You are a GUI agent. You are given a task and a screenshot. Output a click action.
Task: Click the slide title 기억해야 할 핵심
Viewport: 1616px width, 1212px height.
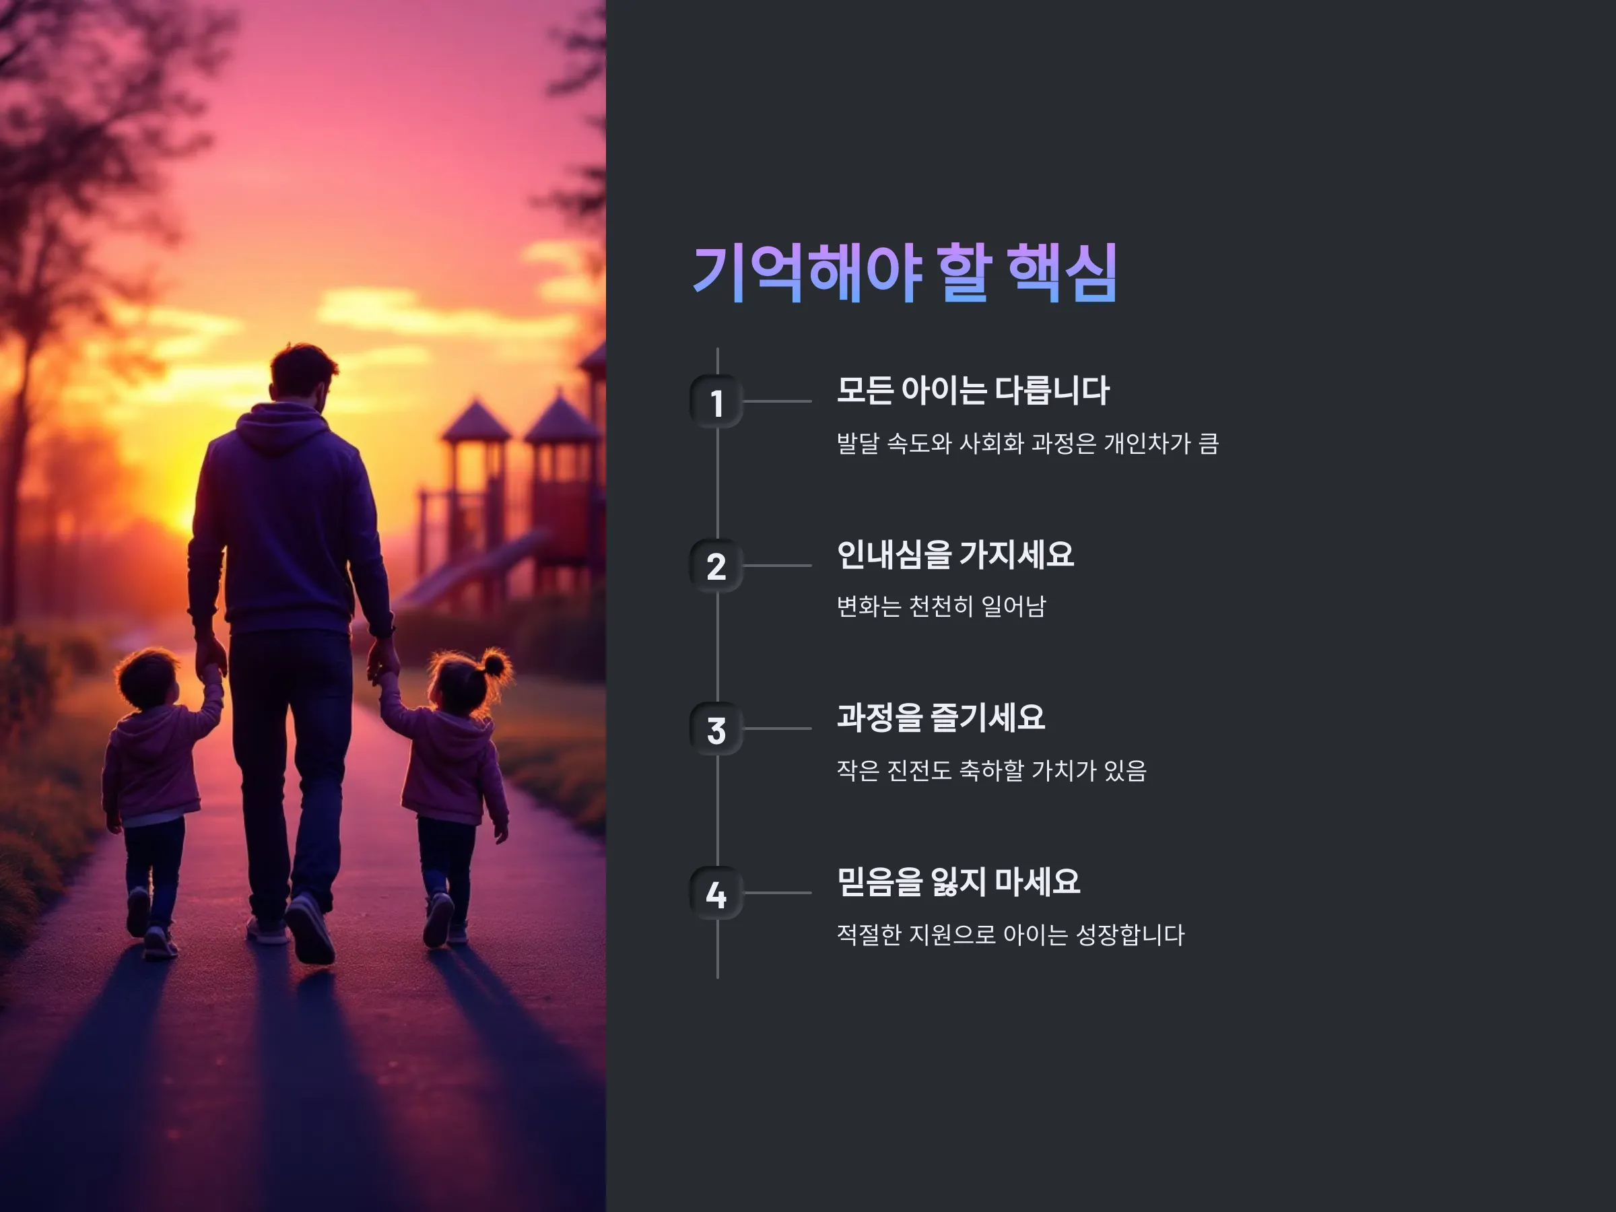(904, 273)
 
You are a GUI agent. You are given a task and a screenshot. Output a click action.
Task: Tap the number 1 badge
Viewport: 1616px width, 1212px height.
(716, 402)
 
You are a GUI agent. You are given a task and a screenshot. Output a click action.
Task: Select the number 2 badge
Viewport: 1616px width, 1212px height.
(716, 566)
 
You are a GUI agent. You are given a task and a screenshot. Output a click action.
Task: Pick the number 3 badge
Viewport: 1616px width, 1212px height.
(716, 729)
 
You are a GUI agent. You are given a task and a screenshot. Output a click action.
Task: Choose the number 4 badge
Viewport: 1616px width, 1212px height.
(716, 893)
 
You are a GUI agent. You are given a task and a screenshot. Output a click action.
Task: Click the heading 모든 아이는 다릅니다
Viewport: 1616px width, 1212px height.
(972, 390)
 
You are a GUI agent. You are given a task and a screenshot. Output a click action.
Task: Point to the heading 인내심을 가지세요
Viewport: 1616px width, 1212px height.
(955, 553)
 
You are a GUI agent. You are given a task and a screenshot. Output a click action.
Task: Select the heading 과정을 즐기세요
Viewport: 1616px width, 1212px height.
(941, 717)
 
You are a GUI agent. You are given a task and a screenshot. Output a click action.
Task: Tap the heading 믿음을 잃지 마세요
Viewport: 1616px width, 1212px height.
(957, 881)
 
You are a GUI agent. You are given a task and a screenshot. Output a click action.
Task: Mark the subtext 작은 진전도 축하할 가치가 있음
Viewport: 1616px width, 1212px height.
(991, 770)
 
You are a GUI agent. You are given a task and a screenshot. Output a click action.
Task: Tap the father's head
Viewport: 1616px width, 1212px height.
(302, 374)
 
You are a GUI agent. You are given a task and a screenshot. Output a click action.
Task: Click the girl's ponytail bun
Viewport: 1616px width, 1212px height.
(494, 664)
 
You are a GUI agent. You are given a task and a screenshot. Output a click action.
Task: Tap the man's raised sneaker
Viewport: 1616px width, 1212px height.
(311, 927)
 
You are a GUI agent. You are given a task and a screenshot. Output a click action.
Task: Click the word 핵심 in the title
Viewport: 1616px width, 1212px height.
(1063, 273)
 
